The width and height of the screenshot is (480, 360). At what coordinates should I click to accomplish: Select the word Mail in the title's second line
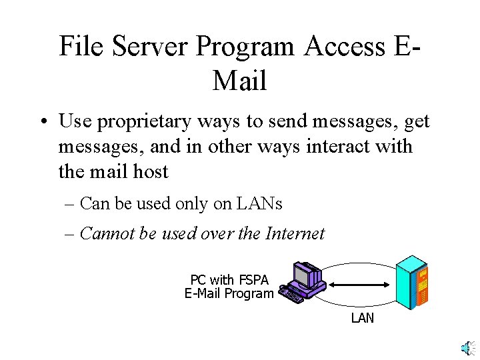(x=240, y=81)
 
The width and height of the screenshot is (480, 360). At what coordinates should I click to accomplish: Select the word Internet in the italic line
(x=295, y=234)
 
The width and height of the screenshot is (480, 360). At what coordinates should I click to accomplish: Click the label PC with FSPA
(x=229, y=280)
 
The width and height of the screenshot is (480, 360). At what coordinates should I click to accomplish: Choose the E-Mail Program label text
(x=229, y=293)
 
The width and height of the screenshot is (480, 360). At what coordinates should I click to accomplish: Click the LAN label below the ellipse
(x=362, y=318)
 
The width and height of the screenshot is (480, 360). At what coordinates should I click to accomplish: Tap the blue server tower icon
(x=411, y=283)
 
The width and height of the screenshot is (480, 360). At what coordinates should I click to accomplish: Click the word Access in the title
(x=345, y=47)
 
